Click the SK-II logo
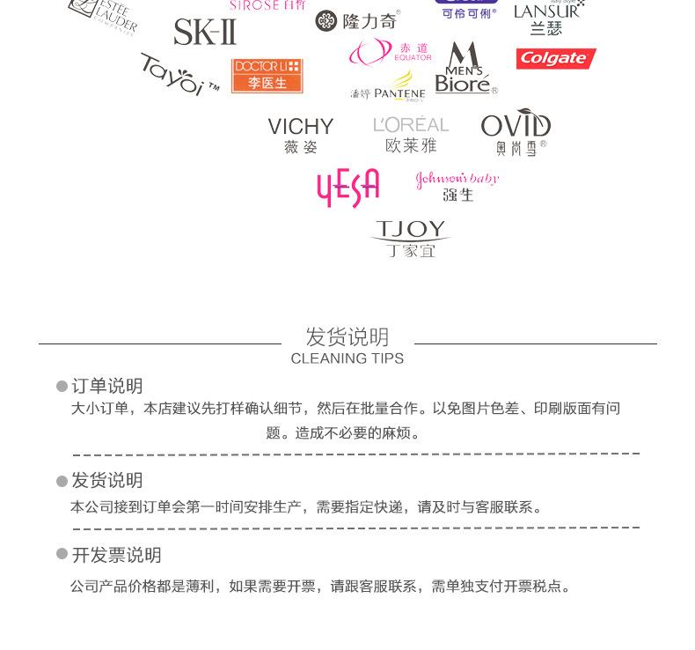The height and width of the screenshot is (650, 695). [x=205, y=32]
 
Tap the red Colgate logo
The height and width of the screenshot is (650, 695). [x=555, y=59]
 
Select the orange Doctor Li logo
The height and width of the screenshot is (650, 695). [x=267, y=75]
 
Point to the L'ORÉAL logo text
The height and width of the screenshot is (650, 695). [x=411, y=125]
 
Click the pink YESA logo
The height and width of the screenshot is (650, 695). [x=347, y=187]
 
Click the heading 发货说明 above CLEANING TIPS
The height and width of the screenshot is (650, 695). [x=347, y=336]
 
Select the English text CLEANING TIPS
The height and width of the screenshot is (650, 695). [x=347, y=358]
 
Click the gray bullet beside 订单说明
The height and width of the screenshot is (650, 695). [x=62, y=387]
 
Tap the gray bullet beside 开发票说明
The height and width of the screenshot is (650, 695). [x=62, y=554]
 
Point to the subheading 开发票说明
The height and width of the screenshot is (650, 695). [x=117, y=555]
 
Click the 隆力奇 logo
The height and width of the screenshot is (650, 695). [x=357, y=20]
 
